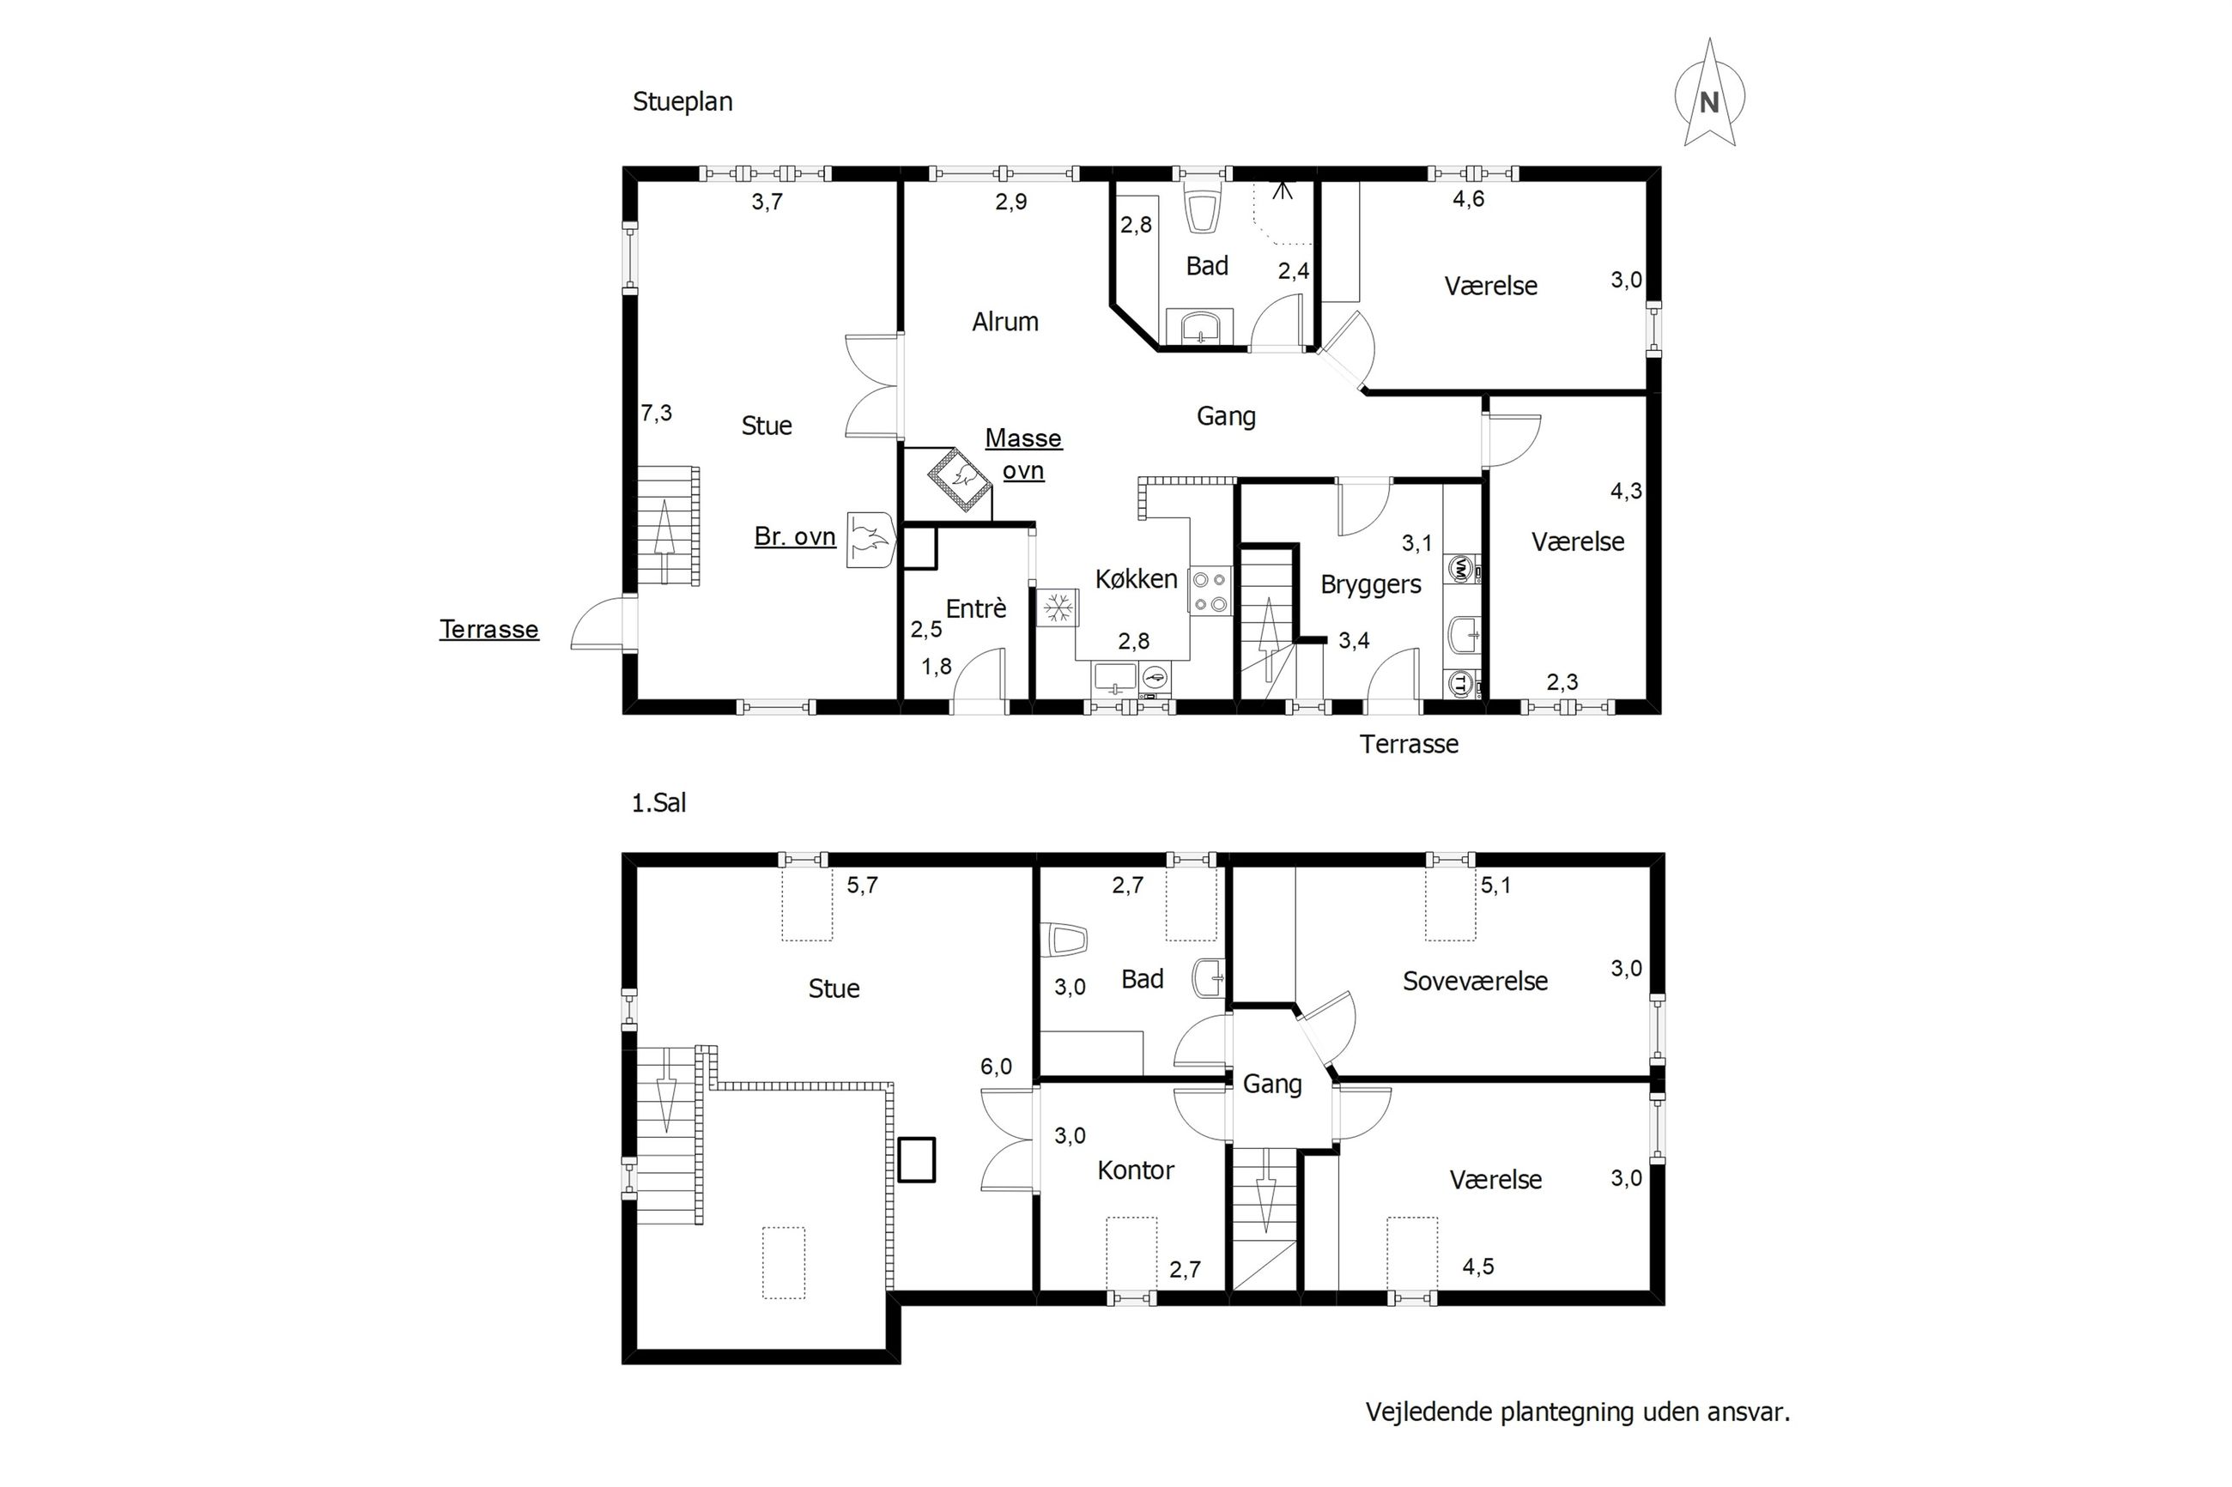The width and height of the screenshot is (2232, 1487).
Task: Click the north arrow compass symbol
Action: point(1709,94)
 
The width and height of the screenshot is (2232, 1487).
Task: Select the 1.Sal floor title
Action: point(659,803)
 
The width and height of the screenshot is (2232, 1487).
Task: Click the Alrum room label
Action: point(1005,323)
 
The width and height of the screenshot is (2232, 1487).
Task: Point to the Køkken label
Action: point(1137,578)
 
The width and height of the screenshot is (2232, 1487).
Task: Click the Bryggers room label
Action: point(1371,585)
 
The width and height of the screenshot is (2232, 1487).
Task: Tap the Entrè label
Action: point(976,607)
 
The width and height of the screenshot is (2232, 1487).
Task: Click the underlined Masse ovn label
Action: point(1023,454)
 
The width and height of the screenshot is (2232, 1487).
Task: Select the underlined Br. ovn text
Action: point(795,537)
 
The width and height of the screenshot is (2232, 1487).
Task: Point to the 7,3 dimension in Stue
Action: point(657,414)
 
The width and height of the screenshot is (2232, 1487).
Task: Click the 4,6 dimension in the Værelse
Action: point(1468,199)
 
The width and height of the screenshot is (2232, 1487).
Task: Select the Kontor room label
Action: point(1136,1170)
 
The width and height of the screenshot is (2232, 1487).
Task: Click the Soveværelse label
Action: point(1475,981)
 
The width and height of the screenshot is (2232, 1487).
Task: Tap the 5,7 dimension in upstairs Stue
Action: point(862,885)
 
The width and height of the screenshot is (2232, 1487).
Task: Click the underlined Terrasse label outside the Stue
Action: point(488,630)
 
